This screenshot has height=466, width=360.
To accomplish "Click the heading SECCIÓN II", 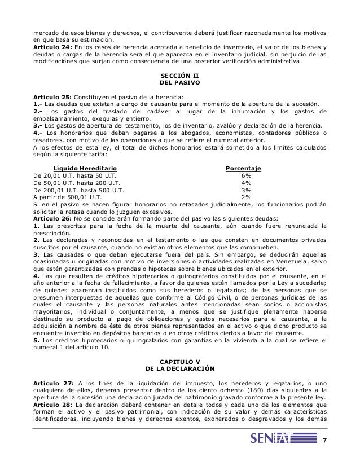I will [x=179, y=74].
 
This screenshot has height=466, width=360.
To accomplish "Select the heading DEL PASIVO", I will [x=179, y=82].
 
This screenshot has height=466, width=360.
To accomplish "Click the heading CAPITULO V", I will [x=180, y=361].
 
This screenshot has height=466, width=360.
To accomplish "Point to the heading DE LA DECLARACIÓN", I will [x=180, y=368].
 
